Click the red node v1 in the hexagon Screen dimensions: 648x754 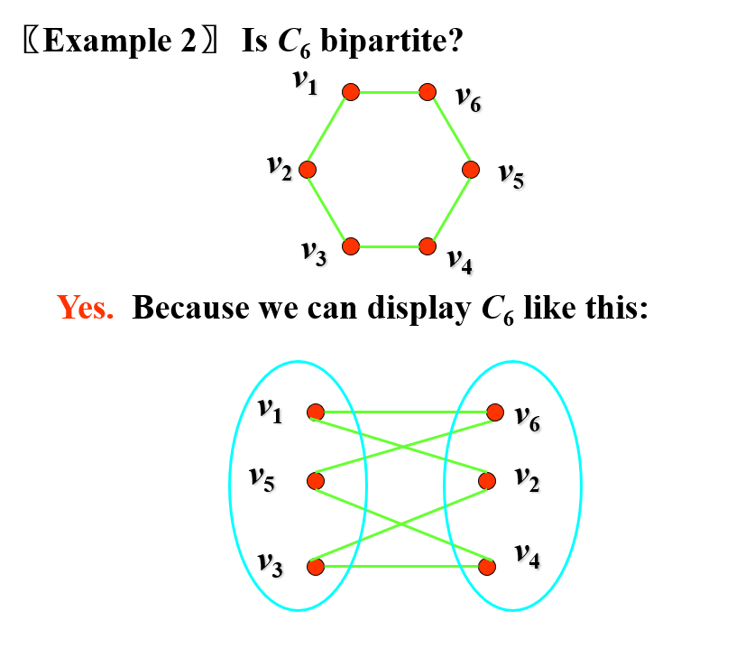[351, 91]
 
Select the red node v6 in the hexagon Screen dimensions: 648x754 [428, 91]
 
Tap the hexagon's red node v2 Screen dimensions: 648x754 [308, 170]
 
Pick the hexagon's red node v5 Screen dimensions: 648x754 [471, 170]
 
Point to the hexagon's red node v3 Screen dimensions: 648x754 [351, 245]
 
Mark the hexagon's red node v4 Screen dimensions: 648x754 [428, 245]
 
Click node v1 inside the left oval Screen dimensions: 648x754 [315, 412]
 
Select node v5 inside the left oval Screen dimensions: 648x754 [315, 480]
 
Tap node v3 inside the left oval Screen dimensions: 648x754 [315, 568]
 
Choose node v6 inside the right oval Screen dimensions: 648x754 [494, 412]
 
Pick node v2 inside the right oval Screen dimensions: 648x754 [488, 480]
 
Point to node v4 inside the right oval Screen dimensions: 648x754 [488, 568]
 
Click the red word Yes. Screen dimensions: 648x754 [86, 308]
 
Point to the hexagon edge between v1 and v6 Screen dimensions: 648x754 [389, 91]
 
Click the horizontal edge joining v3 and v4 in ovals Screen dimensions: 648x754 [401, 568]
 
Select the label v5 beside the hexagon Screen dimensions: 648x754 [511, 174]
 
